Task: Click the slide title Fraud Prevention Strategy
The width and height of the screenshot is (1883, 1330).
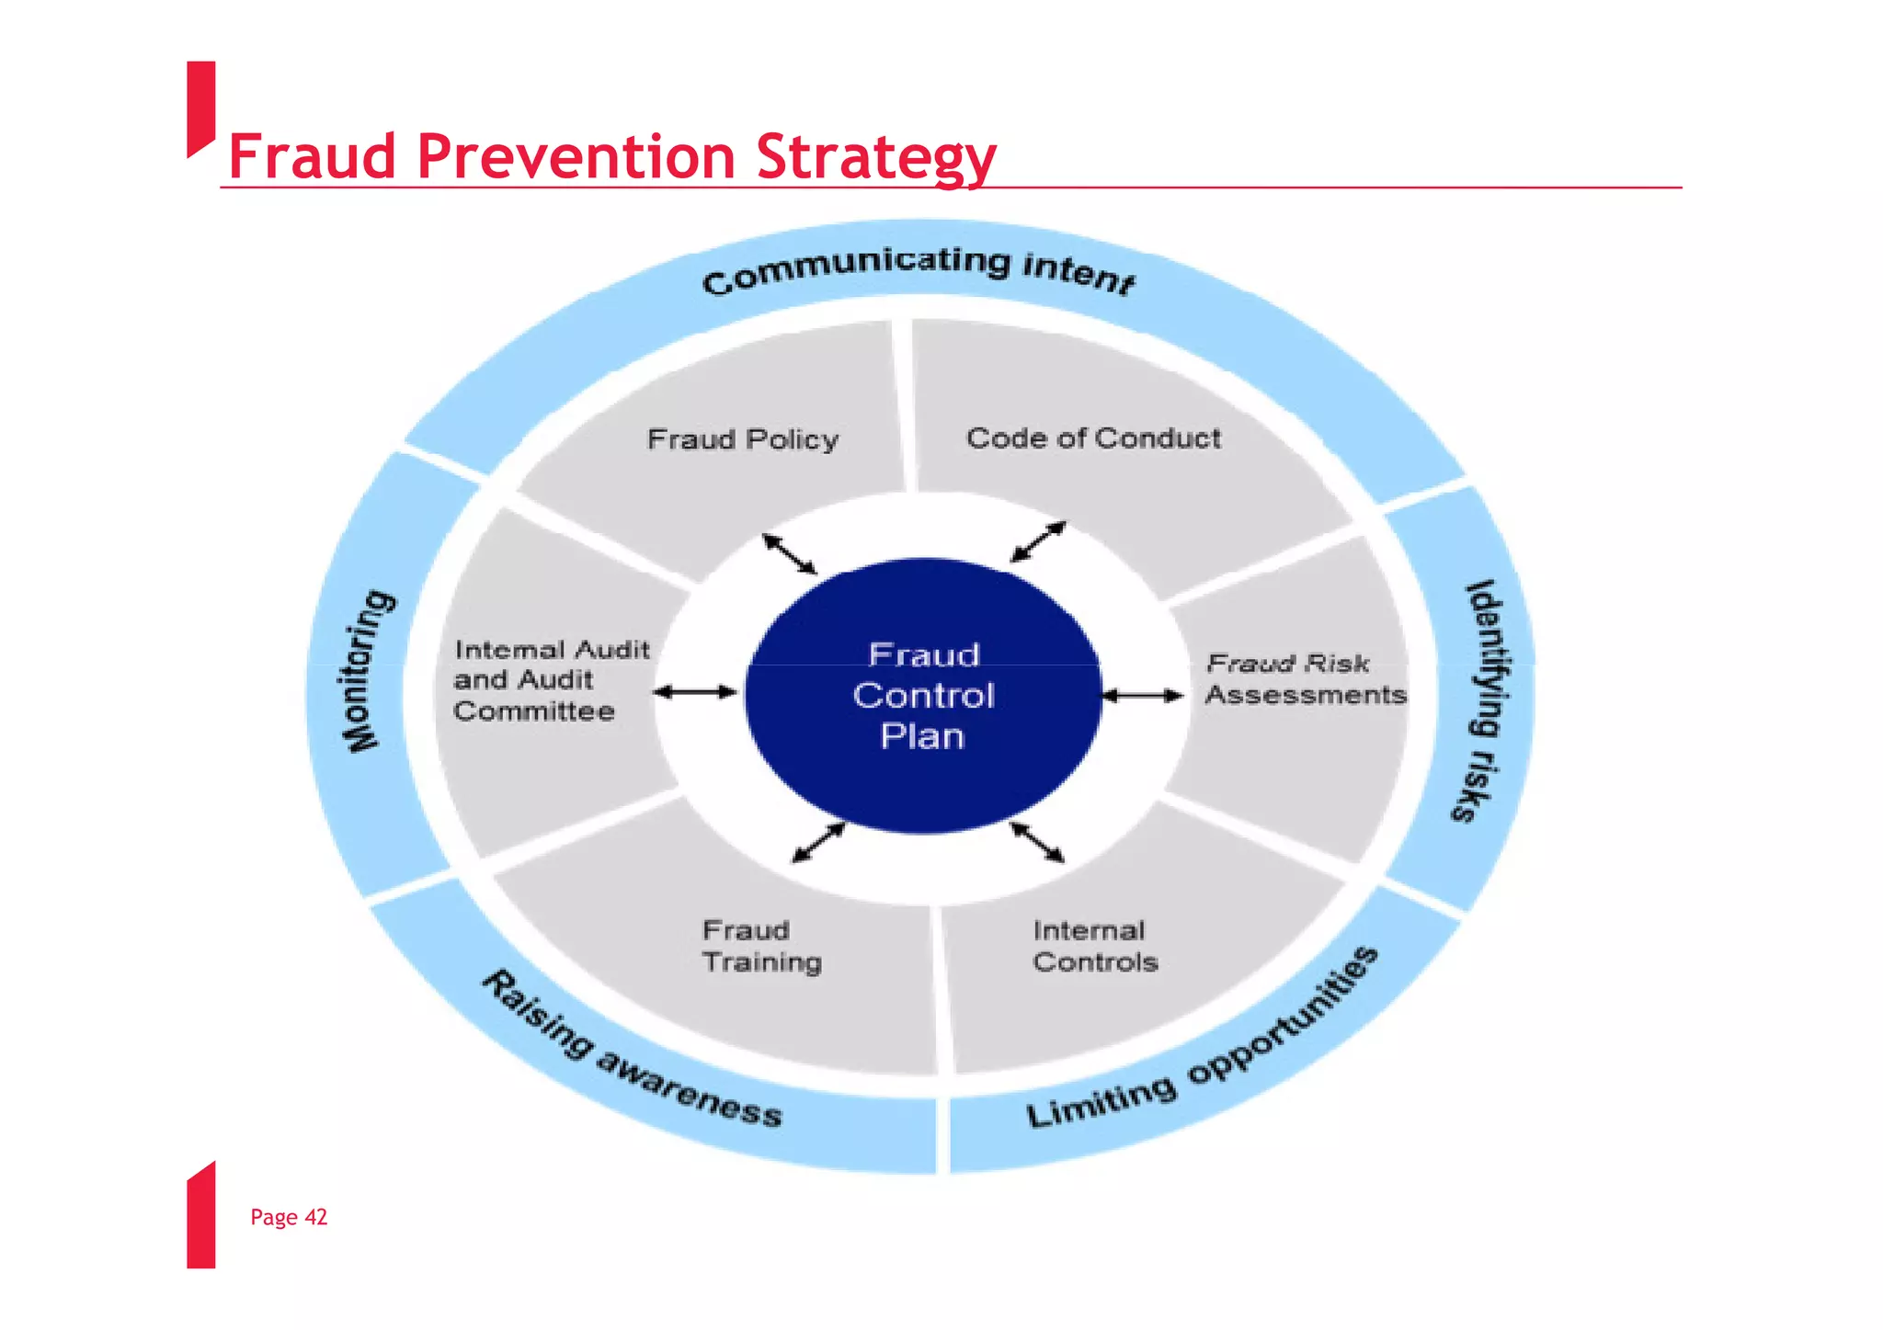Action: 611,156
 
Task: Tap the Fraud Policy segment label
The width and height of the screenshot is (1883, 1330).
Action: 743,439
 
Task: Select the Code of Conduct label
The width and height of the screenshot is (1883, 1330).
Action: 1093,438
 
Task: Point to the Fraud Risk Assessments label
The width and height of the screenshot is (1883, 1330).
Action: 1306,679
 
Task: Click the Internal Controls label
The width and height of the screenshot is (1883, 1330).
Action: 1095,946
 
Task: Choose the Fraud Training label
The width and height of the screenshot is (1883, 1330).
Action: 761,946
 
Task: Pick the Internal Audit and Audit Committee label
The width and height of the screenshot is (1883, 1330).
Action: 551,680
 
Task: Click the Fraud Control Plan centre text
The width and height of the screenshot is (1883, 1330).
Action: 923,696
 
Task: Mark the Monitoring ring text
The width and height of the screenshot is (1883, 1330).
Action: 370,671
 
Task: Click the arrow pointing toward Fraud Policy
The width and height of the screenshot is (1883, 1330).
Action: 790,554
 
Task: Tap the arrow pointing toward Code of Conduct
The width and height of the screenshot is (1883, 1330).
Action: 1038,541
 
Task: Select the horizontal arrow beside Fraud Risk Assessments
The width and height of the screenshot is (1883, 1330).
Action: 1142,696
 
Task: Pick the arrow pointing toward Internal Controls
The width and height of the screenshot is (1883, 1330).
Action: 1037,842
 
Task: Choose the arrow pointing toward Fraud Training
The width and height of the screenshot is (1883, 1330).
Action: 818,843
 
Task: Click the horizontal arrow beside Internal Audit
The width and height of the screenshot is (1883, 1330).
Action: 695,692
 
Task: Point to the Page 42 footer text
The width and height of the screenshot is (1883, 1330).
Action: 289,1217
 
